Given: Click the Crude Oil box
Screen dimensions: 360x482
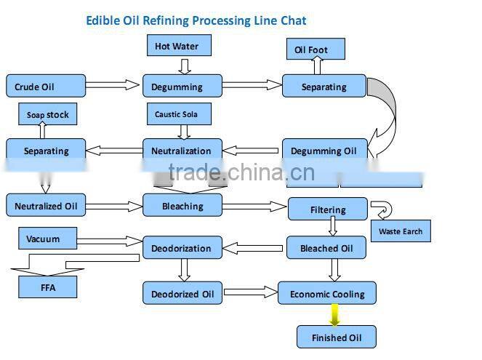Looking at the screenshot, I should click(x=35, y=87).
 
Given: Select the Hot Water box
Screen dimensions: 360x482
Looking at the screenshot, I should click(x=176, y=47).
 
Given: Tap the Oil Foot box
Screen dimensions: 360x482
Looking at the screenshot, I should click(x=310, y=50).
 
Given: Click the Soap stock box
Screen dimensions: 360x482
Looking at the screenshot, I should click(x=47, y=114).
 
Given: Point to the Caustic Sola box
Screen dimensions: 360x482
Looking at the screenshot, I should click(x=176, y=114).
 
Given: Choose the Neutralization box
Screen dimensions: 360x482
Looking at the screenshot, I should click(x=181, y=151).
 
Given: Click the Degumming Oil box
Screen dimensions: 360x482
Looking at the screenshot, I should click(x=324, y=151).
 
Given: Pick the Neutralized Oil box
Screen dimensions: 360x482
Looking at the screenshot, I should click(x=46, y=206).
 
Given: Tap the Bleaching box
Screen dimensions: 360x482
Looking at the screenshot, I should click(x=182, y=206).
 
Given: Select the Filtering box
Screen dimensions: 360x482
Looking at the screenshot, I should click(x=328, y=209).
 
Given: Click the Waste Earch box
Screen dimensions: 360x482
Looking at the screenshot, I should click(x=401, y=232).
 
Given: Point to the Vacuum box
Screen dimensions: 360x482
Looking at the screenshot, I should click(x=43, y=239).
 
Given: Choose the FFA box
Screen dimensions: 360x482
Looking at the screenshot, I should click(x=47, y=287).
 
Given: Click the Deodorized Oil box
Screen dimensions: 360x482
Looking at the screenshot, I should click(x=182, y=294).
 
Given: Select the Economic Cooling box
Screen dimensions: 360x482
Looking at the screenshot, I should click(x=327, y=294).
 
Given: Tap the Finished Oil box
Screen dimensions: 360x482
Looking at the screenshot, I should click(x=336, y=337).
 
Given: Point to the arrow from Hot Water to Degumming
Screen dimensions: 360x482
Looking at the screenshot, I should click(x=185, y=66).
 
